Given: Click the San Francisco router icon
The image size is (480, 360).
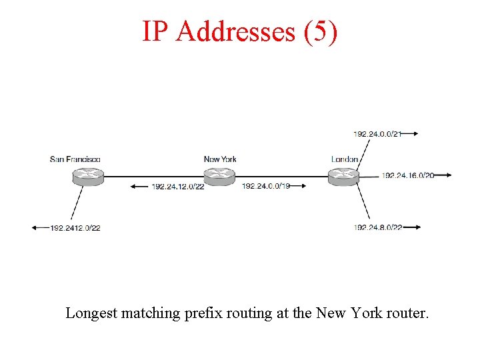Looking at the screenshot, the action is (x=88, y=176).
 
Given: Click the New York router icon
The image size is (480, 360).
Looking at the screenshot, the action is (x=219, y=176).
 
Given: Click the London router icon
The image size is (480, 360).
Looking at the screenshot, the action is (x=344, y=176).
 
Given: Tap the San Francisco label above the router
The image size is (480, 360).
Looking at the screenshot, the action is (x=75, y=159).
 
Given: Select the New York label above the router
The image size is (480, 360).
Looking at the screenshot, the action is (x=220, y=159).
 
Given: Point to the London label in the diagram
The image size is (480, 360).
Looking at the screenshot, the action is (x=345, y=159).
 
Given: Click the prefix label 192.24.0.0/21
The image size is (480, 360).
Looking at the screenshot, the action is (x=377, y=134).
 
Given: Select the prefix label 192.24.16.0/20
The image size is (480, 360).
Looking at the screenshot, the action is (x=408, y=175).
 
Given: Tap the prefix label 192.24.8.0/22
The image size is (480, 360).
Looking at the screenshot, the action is (x=378, y=227).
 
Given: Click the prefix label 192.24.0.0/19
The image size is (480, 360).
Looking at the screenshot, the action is (x=266, y=186).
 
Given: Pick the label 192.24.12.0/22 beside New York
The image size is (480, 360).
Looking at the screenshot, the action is (x=178, y=186).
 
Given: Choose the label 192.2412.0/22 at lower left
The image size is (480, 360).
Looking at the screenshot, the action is (x=75, y=228).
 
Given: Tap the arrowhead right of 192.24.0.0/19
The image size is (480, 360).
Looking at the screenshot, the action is (x=303, y=186).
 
